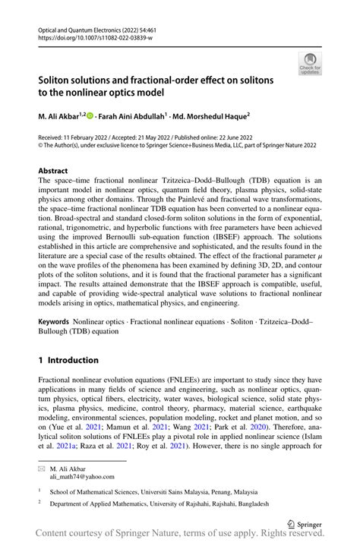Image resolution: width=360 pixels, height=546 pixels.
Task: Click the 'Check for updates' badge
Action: tap(310, 63)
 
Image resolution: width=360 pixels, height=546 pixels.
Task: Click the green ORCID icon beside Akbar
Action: tap(90, 116)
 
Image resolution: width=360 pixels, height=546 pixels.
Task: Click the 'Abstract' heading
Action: tap(53, 171)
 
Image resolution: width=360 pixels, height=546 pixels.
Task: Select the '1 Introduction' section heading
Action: tap(68, 360)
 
